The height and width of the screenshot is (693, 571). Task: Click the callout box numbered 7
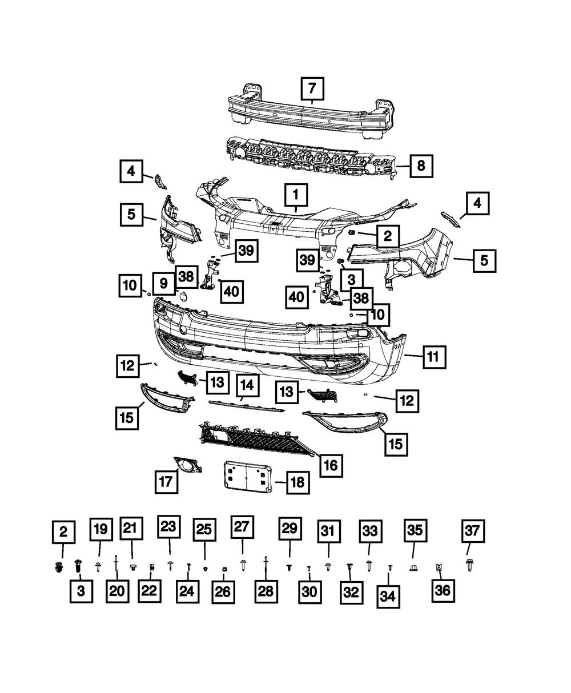[x=312, y=89]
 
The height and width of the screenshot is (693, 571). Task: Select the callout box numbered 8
[x=420, y=166]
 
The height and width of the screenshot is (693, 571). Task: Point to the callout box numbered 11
[x=433, y=357]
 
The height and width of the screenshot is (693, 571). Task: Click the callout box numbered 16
[x=331, y=465]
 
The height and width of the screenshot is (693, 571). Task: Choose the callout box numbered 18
[x=297, y=483]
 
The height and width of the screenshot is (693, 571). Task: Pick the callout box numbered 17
[x=166, y=482]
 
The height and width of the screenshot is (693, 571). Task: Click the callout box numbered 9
[x=163, y=283]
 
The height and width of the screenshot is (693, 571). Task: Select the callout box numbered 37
[x=472, y=531]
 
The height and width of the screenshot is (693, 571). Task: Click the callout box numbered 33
[x=369, y=531]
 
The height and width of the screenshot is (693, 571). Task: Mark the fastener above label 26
[x=224, y=569]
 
